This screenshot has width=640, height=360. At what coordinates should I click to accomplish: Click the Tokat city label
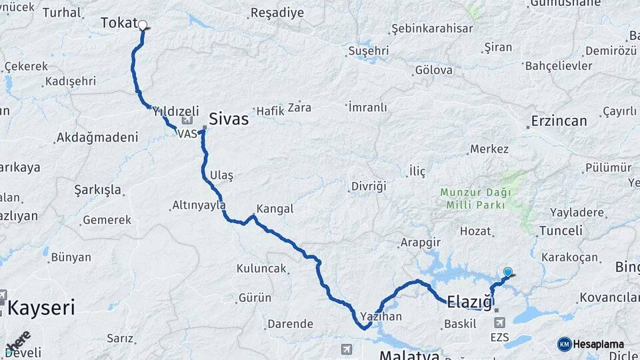[119, 23]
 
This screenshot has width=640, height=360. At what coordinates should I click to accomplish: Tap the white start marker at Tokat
[142, 25]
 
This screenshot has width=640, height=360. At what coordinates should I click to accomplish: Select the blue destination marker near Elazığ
[508, 272]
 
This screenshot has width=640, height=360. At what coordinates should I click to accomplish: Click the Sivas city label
[228, 119]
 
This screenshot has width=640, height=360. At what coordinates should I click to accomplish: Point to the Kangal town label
[275, 209]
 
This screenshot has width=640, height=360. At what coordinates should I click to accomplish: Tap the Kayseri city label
[41, 308]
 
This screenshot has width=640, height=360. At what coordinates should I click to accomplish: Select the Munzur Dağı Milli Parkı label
[475, 199]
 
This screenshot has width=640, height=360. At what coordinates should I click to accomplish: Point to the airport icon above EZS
[499, 323]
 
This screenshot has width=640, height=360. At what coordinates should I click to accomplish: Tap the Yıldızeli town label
[176, 111]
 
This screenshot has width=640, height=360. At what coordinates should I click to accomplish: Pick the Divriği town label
[369, 186]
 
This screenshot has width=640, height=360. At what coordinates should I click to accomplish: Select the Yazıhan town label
[381, 317]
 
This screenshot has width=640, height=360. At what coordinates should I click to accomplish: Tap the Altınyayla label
[199, 205]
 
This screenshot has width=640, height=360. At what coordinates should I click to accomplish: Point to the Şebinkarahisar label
[432, 29]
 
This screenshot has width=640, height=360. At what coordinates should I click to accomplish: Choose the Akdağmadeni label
[97, 137]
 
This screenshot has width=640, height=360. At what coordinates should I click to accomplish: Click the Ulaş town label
[221, 175]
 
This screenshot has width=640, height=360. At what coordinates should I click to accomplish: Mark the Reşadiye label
[277, 13]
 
